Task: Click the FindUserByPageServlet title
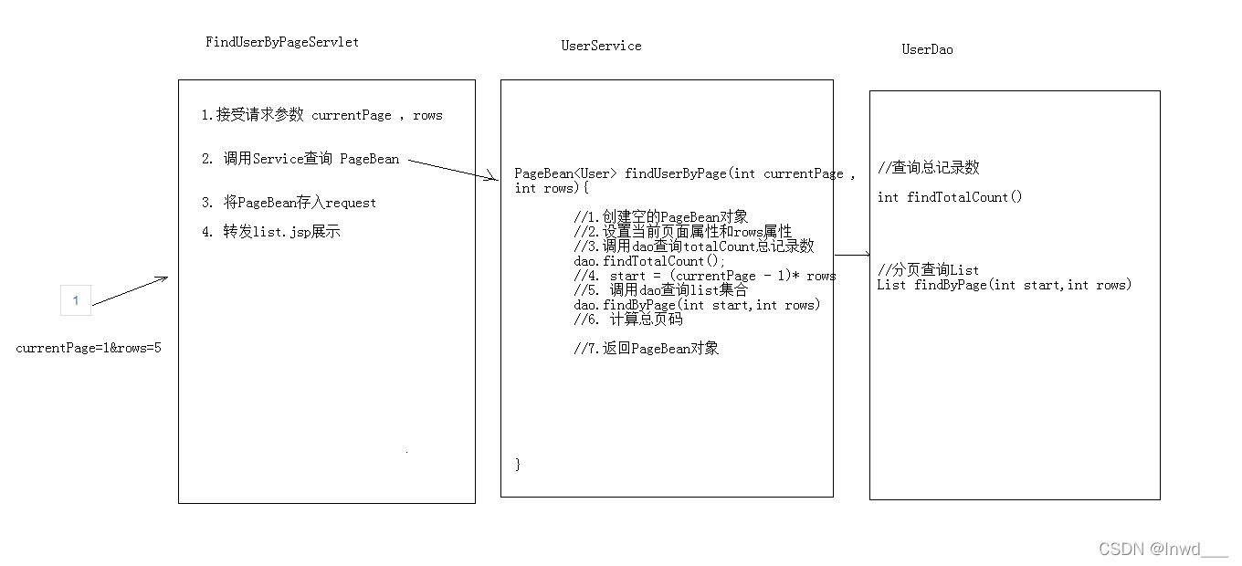click(x=282, y=42)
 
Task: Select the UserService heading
click(x=601, y=46)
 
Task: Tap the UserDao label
click(x=927, y=49)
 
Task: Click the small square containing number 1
click(x=76, y=300)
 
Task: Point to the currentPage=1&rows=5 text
click(x=89, y=348)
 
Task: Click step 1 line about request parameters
click(x=321, y=115)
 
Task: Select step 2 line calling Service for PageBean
click(x=300, y=159)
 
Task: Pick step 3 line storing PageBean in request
click(x=289, y=203)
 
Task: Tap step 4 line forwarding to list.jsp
click(x=270, y=232)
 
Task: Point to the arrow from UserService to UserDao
click(x=852, y=255)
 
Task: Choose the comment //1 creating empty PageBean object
click(x=661, y=217)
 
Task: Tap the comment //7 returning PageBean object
click(x=647, y=349)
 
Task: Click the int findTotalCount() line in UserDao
click(x=950, y=197)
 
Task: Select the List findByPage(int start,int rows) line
click(x=1005, y=285)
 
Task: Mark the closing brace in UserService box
click(x=518, y=465)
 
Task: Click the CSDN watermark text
click(x=1163, y=549)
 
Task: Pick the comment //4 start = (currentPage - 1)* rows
click(x=705, y=276)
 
